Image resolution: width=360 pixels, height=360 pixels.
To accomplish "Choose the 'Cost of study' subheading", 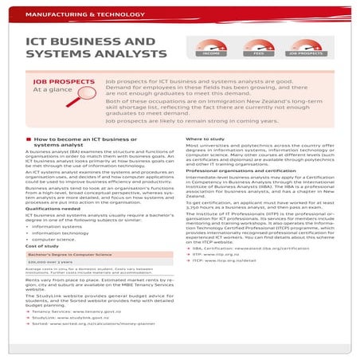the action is pyautogui.click(x=41, y=245).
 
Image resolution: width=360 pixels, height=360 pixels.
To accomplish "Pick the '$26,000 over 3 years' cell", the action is pyautogui.click(x=49, y=261).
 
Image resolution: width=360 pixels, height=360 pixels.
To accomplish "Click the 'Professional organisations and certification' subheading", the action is pyautogui.click(x=238, y=171).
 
